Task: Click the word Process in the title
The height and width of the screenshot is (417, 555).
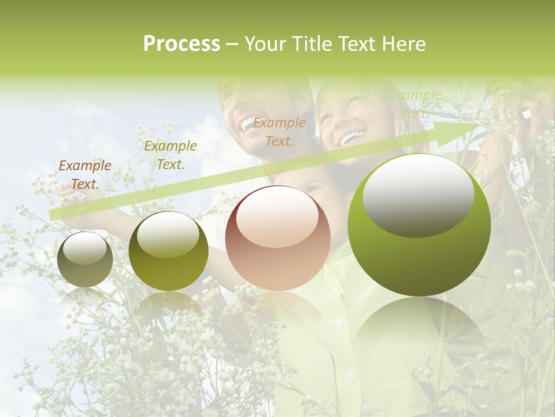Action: (182, 44)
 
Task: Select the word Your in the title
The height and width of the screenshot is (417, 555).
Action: (265, 44)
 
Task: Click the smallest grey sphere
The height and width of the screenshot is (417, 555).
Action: (85, 259)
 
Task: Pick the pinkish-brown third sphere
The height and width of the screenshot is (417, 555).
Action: (277, 238)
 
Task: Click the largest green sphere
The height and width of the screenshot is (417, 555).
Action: (419, 225)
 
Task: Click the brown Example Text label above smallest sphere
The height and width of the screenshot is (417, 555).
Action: (85, 174)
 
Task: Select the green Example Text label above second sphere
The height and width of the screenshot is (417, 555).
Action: (171, 155)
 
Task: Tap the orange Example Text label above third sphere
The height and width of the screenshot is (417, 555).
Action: (279, 131)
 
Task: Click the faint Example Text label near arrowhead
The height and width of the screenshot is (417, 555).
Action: (415, 103)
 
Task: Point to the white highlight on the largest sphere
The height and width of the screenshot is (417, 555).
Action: (418, 193)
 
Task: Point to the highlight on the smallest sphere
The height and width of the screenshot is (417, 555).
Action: (84, 248)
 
